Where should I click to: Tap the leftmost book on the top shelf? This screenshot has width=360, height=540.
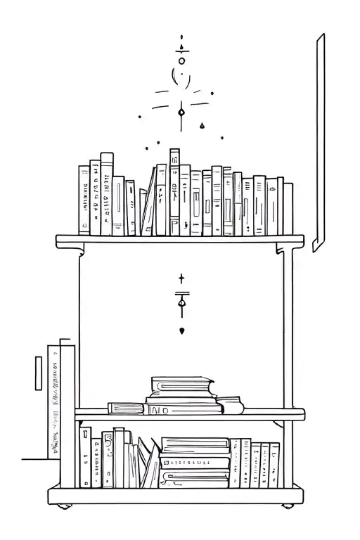(x=84, y=200)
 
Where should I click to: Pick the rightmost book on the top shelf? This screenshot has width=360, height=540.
(x=288, y=207)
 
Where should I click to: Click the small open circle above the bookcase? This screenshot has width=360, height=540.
(x=181, y=61)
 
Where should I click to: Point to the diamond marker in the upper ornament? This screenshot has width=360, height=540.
(x=181, y=112)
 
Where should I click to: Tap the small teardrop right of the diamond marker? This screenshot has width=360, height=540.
(x=202, y=126)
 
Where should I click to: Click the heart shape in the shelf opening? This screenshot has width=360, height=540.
(x=182, y=330)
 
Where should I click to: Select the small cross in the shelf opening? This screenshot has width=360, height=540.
(x=181, y=279)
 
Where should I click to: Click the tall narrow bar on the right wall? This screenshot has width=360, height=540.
(x=320, y=141)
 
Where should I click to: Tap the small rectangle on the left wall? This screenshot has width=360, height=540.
(x=39, y=373)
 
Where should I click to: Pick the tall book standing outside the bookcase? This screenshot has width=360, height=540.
(x=67, y=401)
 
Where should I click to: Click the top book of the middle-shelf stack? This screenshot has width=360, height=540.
(x=181, y=384)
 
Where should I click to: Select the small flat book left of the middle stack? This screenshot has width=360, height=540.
(x=125, y=408)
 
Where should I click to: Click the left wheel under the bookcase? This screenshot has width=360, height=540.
(x=65, y=506)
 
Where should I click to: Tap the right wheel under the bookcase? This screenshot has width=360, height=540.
(x=288, y=506)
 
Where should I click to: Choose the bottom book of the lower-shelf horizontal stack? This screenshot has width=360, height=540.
(x=195, y=480)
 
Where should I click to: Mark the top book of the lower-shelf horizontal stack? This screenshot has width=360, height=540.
(x=195, y=444)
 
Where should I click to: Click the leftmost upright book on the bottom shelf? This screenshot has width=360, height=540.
(x=85, y=457)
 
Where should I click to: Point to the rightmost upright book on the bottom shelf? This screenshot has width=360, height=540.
(x=275, y=464)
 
